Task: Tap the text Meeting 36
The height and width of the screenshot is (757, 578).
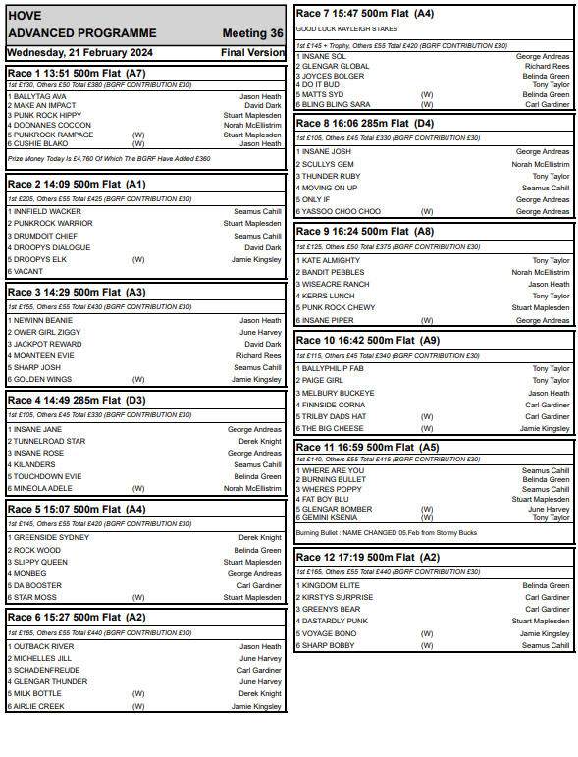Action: (x=253, y=33)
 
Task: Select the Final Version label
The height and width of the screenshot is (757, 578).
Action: (x=253, y=52)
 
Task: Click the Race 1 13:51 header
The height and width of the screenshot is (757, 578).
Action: (x=77, y=73)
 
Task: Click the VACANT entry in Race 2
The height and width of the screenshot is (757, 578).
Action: (x=27, y=271)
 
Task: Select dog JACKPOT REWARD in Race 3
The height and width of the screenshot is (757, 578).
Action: (x=46, y=344)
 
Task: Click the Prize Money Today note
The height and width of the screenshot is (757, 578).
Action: (x=109, y=157)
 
